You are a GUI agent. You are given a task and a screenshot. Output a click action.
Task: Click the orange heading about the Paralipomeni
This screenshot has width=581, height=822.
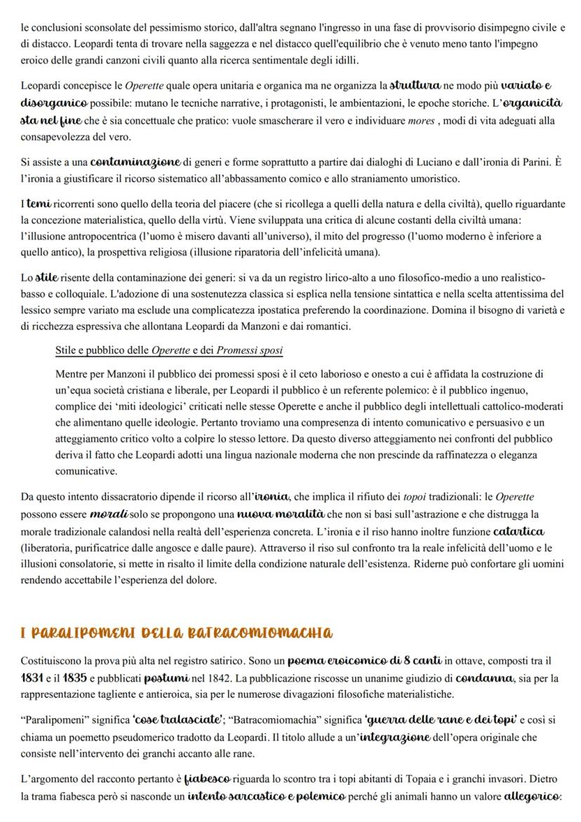tap(177, 632)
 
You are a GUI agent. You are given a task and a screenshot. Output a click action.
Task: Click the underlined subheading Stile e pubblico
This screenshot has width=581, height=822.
tap(169, 350)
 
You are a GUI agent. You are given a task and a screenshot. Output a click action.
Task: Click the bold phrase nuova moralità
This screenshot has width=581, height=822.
tap(257, 514)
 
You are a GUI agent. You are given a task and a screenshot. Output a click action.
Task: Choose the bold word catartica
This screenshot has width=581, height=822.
tap(519, 531)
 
